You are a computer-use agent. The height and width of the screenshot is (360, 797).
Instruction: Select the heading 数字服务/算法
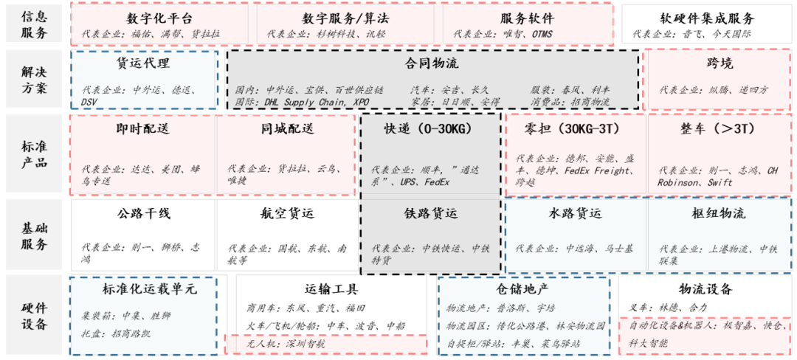click(347, 18)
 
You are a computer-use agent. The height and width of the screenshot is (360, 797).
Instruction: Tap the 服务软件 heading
click(527, 18)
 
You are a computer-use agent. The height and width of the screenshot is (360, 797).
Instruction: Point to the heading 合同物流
click(432, 63)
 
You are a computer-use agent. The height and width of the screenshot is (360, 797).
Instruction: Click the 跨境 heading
click(720, 63)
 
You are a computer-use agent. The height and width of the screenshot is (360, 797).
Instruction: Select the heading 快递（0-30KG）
click(428, 129)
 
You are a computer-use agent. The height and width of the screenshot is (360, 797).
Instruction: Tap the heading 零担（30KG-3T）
click(576, 129)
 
